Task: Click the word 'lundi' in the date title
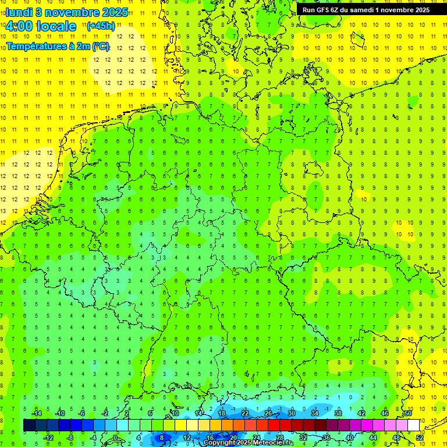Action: pyautogui.click(x=19, y=12)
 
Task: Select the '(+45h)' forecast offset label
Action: pyautogui.click(x=101, y=26)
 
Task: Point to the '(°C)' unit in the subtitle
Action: pyautogui.click(x=100, y=46)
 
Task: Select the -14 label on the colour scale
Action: pyautogui.click(x=37, y=413)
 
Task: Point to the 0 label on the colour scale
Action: pyautogui.click(x=115, y=438)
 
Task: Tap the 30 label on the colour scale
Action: pyautogui.click(x=291, y=413)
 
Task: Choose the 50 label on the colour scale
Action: pyautogui.click(x=408, y=413)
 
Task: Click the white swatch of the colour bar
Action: pyautogui.click(x=413, y=425)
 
